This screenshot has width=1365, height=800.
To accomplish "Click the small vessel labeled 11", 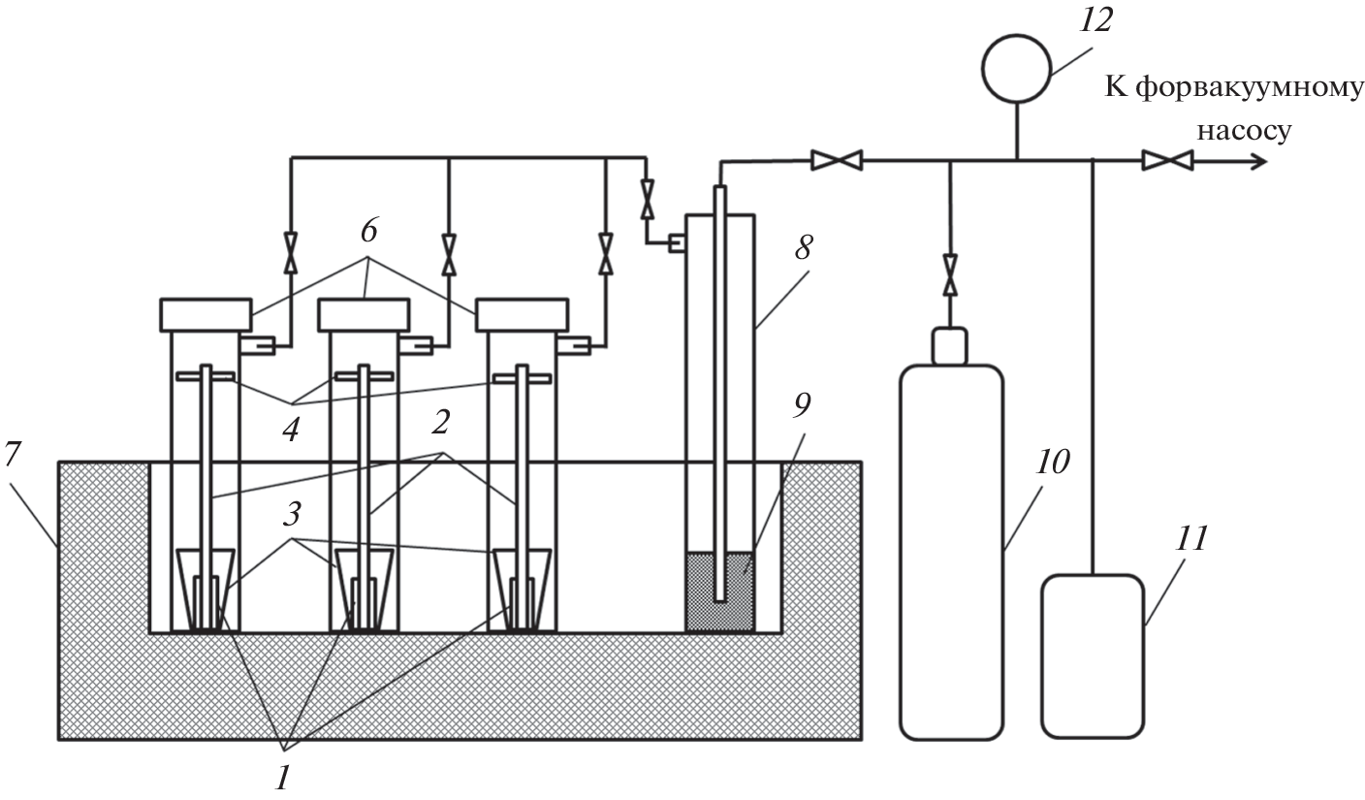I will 1092,656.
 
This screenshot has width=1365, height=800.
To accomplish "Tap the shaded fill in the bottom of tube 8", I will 719,593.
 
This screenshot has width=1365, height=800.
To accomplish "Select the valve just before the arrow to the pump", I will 1167,161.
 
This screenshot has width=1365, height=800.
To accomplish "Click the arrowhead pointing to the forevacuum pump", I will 1256,161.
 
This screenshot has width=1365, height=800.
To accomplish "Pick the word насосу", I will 1245,130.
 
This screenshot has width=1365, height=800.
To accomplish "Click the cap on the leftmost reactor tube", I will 205,314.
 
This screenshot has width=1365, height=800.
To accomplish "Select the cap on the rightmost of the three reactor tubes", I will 522,314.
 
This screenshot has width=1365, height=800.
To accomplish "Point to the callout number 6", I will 368,231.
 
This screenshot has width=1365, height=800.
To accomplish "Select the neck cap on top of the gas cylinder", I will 950,346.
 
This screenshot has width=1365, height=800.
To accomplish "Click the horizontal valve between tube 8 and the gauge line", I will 837,161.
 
